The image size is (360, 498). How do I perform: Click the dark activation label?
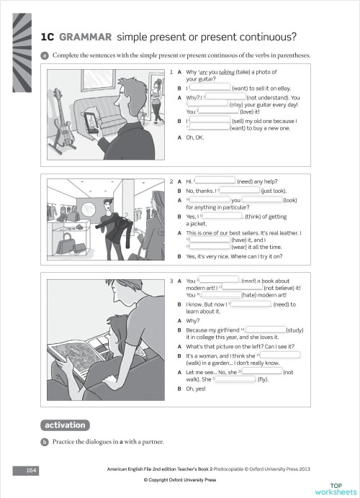point(65,425)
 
